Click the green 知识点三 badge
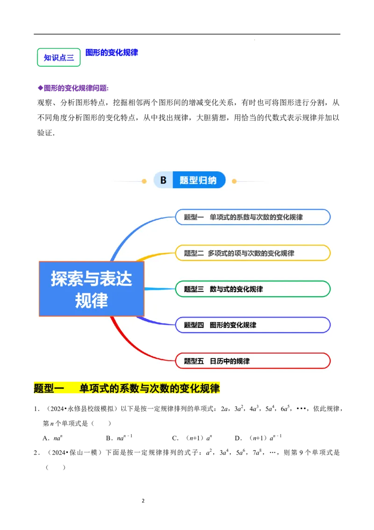58,58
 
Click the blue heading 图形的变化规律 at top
112,52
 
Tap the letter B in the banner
163,180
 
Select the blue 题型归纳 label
199,180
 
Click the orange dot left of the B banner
144,181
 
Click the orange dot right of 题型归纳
234,181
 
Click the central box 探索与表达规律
92,289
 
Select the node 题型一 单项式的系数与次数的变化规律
253,217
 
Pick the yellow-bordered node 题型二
253,253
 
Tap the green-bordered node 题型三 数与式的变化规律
253,289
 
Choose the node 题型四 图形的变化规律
253,325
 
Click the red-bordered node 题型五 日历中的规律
253,361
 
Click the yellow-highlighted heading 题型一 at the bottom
127,388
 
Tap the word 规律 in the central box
92,300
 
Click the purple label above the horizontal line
73,88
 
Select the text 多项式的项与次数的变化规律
251,253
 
